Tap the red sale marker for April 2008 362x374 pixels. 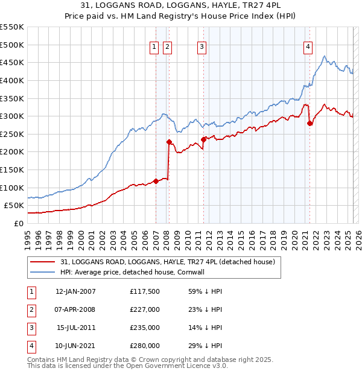tap(169, 142)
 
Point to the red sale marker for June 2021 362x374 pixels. tap(310, 123)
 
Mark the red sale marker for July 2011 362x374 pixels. tap(203, 139)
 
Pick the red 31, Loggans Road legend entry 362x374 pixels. tap(168, 262)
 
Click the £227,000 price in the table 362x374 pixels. tap(144, 309)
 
